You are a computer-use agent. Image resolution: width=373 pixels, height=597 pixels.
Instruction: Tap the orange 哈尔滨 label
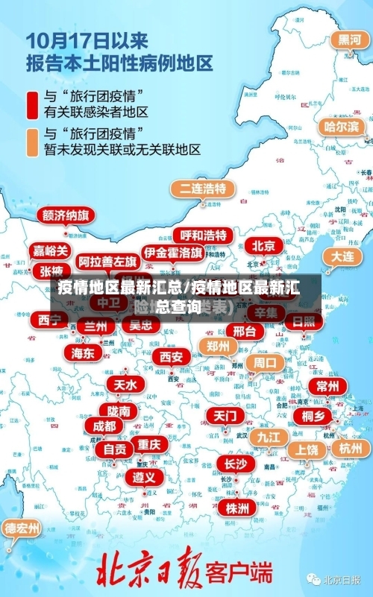[x=342, y=127]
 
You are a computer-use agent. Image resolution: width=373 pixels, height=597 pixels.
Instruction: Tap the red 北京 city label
[x=263, y=246]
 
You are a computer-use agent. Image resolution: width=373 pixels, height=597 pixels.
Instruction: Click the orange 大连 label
[x=343, y=256]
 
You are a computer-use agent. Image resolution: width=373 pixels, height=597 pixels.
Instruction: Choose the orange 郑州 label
[x=217, y=347]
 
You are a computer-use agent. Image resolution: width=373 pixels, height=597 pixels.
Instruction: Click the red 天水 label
[x=124, y=385]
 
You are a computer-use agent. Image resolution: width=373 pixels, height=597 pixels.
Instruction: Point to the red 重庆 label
[x=148, y=444]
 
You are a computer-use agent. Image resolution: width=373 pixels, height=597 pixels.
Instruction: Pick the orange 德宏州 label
[x=22, y=529]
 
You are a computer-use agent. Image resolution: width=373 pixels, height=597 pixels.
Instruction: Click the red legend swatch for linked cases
[x=33, y=105]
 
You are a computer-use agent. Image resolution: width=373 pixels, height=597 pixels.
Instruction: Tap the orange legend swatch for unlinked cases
[x=33, y=142]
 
